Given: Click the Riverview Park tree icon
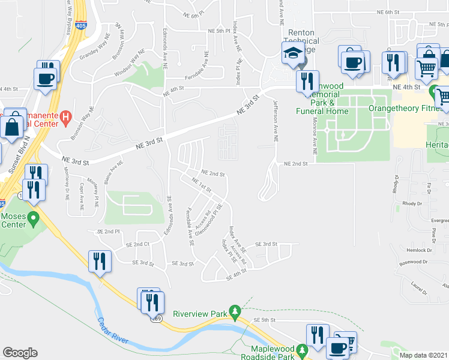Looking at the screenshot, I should coord(236,310).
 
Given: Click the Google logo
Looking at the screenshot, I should coord(20,353).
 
